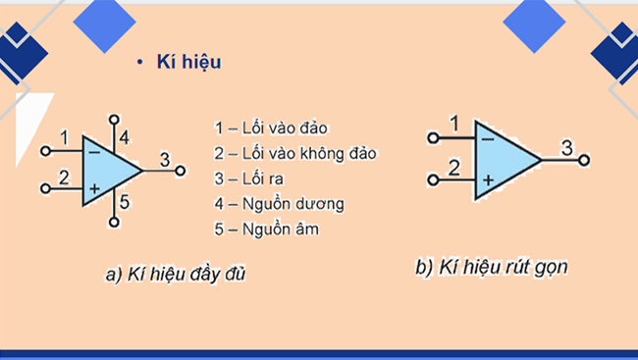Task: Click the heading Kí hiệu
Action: [x=188, y=62]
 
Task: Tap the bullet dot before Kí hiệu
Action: [x=140, y=63]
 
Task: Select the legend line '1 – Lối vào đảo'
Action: [x=270, y=129]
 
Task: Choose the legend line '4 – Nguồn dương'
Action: [x=279, y=204]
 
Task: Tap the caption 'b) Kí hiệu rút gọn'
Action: [x=492, y=266]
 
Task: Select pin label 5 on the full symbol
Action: [x=126, y=202]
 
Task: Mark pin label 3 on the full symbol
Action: [x=165, y=160]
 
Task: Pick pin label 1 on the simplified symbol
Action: [x=453, y=123]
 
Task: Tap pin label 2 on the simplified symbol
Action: [x=454, y=168]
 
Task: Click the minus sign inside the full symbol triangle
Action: [x=93, y=153]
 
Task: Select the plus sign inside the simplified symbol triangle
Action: [x=488, y=180]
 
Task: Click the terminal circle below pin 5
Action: [x=114, y=223]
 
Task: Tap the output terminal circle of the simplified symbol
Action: [x=585, y=160]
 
